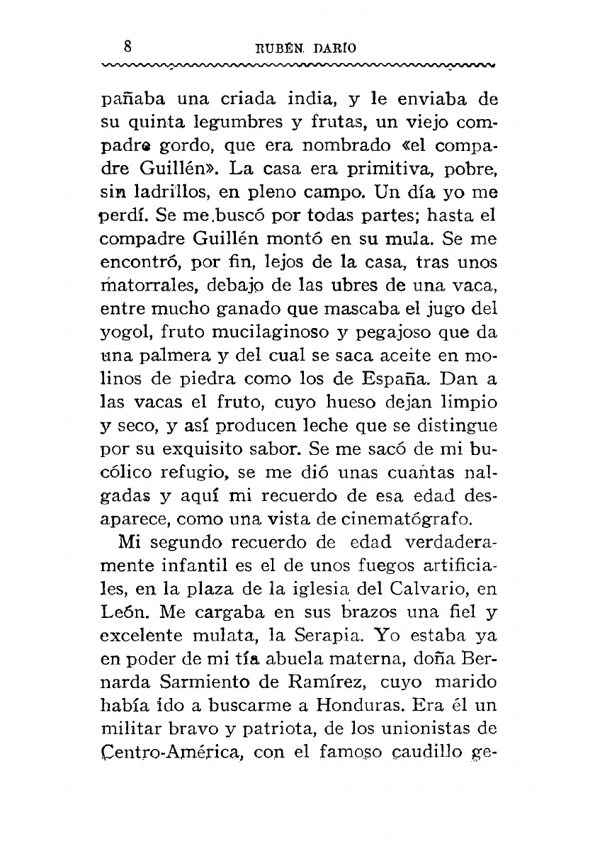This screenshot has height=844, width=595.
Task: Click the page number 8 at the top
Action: click(128, 47)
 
